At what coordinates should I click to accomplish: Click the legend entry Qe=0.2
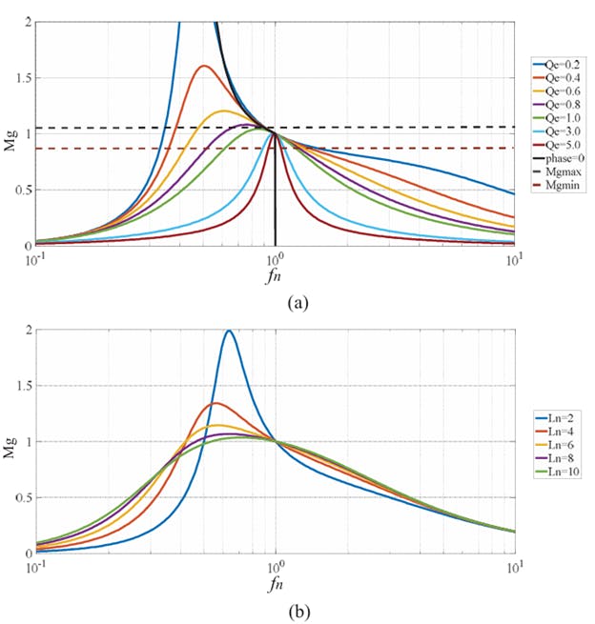coord(559,66)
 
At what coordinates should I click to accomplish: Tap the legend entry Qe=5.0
coord(559,148)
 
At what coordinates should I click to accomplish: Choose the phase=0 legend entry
coord(559,162)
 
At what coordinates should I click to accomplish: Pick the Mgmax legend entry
coord(559,175)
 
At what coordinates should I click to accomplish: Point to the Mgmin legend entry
coord(559,189)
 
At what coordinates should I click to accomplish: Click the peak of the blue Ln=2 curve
coord(229,331)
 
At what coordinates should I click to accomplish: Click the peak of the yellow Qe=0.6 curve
coord(224,111)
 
